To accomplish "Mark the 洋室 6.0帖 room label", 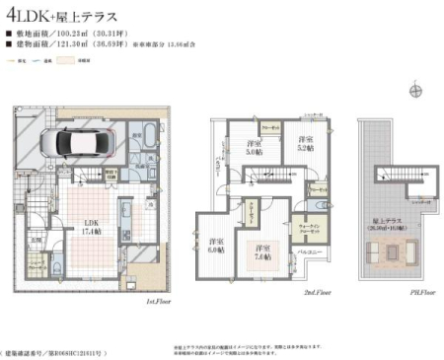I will (x=217, y=246).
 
